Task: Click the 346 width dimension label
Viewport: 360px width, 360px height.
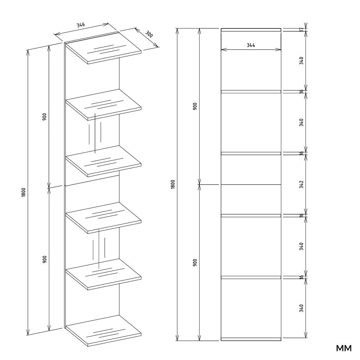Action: pos(81,25)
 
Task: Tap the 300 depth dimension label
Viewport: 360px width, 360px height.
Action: pos(149,34)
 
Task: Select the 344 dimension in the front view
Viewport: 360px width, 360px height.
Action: pos(251,45)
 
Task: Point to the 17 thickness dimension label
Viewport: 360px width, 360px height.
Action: pos(301,30)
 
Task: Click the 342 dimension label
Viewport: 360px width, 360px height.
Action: pos(301,184)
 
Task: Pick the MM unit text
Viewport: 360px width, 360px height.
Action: pos(344,348)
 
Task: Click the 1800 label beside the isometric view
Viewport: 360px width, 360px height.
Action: pos(24,192)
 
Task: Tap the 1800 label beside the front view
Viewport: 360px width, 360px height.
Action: pos(173,184)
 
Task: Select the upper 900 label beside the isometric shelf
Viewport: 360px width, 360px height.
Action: pos(45,117)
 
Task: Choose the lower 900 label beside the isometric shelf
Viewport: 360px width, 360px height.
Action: pos(45,259)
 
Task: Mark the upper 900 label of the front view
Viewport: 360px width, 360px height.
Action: pos(195,106)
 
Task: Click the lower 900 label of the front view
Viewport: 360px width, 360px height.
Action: pos(195,262)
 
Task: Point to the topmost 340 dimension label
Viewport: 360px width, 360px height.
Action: pos(301,60)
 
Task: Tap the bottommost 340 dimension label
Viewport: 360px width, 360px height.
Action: pos(301,308)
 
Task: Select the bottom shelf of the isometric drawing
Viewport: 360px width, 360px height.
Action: pos(103,331)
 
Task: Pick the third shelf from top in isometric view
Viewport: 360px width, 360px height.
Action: pos(103,161)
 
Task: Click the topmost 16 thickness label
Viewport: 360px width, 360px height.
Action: pos(301,91)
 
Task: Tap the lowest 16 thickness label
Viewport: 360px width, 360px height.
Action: pos(301,277)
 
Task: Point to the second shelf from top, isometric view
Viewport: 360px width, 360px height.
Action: pos(103,105)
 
